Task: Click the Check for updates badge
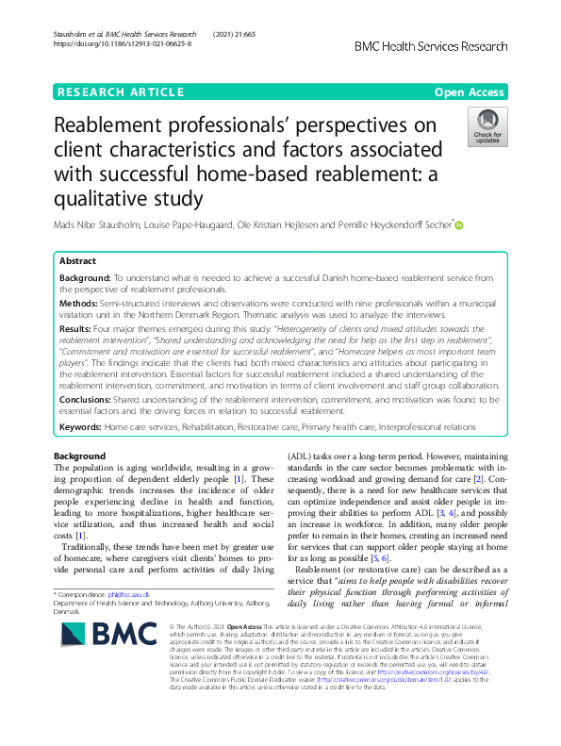[x=487, y=127]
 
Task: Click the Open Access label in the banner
[x=470, y=91]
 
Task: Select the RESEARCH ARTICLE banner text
[x=120, y=91]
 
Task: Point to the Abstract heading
[x=77, y=260]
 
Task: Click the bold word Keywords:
[x=80, y=427]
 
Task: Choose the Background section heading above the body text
[x=80, y=456]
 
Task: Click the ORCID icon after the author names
[x=460, y=224]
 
